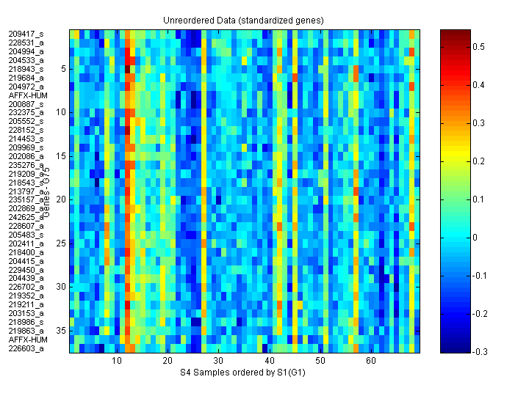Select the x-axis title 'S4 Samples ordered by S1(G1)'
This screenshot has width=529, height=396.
click(244, 373)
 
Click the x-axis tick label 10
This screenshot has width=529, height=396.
click(116, 362)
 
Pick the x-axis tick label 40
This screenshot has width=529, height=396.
click(269, 362)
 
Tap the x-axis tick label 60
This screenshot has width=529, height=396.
click(370, 362)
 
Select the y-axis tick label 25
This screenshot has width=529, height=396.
click(62, 243)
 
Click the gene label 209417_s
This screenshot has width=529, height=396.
click(26, 34)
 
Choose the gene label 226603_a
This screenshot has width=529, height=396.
click(26, 348)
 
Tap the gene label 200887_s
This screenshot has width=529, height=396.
click(26, 104)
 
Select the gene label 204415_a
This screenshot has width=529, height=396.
click(26, 261)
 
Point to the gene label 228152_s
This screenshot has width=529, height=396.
click(26, 130)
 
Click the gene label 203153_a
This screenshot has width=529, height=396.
click(26, 313)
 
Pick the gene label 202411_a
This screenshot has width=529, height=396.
click(26, 243)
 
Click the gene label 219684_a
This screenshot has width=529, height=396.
click(26, 78)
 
